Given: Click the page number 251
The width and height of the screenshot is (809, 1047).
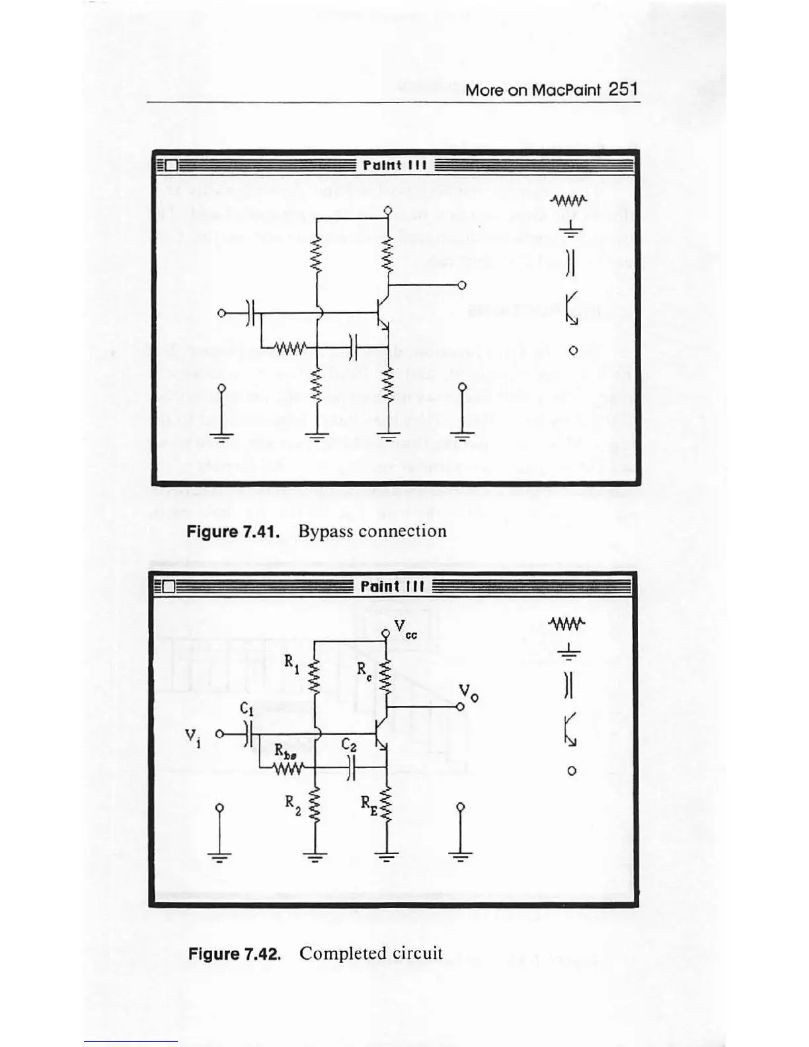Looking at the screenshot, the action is [623, 89].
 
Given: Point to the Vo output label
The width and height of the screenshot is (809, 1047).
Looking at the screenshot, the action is [468, 693].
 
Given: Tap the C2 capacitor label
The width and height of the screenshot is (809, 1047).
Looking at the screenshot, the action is [349, 745].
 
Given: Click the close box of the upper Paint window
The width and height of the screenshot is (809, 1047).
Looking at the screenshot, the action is [171, 165].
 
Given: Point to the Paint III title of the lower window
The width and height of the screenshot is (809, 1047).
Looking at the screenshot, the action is [392, 587].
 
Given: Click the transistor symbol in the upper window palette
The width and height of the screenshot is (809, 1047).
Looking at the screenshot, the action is [571, 307].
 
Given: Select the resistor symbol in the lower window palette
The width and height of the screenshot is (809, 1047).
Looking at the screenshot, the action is [567, 624].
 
